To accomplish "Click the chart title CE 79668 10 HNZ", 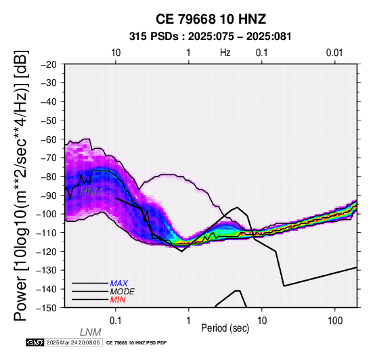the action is click(x=211, y=19).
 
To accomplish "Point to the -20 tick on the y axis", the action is click(x=49, y=64).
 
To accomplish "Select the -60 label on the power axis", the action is click(x=49, y=139).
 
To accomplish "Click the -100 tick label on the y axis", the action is click(x=47, y=214).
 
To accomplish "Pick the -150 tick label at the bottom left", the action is click(x=47, y=308).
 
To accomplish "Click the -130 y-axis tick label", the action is click(x=47, y=270).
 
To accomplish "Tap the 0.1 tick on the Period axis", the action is click(x=116, y=321).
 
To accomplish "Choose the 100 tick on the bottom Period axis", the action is click(x=335, y=321).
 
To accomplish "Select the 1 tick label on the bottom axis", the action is click(x=189, y=321).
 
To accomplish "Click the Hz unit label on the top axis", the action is click(x=225, y=53).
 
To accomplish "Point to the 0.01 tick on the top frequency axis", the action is click(x=334, y=53).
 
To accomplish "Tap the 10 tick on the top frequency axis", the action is click(x=116, y=53).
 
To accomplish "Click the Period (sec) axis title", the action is click(x=225, y=328).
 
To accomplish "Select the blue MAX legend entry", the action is click(x=119, y=284).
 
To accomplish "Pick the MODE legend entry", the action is click(x=123, y=292).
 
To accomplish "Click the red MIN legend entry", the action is click(x=118, y=300).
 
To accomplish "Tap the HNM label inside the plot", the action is click(x=91, y=192).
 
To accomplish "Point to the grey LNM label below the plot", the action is click(x=91, y=332).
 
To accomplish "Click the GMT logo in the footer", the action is click(x=35, y=343).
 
